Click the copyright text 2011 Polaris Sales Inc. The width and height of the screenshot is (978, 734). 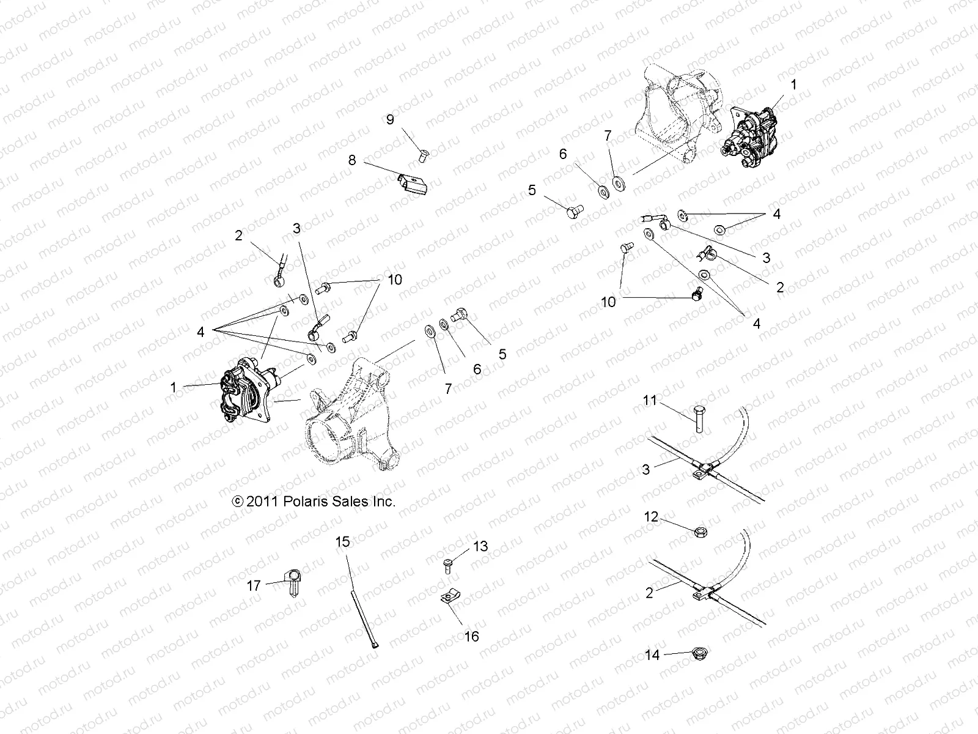point(314,502)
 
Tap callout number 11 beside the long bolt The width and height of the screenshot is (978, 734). point(650,401)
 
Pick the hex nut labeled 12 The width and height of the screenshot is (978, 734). point(701,533)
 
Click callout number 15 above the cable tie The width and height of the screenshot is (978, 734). point(343,541)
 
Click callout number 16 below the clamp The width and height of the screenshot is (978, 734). point(471,636)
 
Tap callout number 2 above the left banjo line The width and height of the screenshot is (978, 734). point(238,236)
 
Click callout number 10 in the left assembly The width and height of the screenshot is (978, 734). point(394,280)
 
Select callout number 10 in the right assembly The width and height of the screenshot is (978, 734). point(609,302)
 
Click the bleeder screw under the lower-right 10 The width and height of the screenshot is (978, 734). point(695,295)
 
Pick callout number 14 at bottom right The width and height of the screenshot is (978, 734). point(652,655)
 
